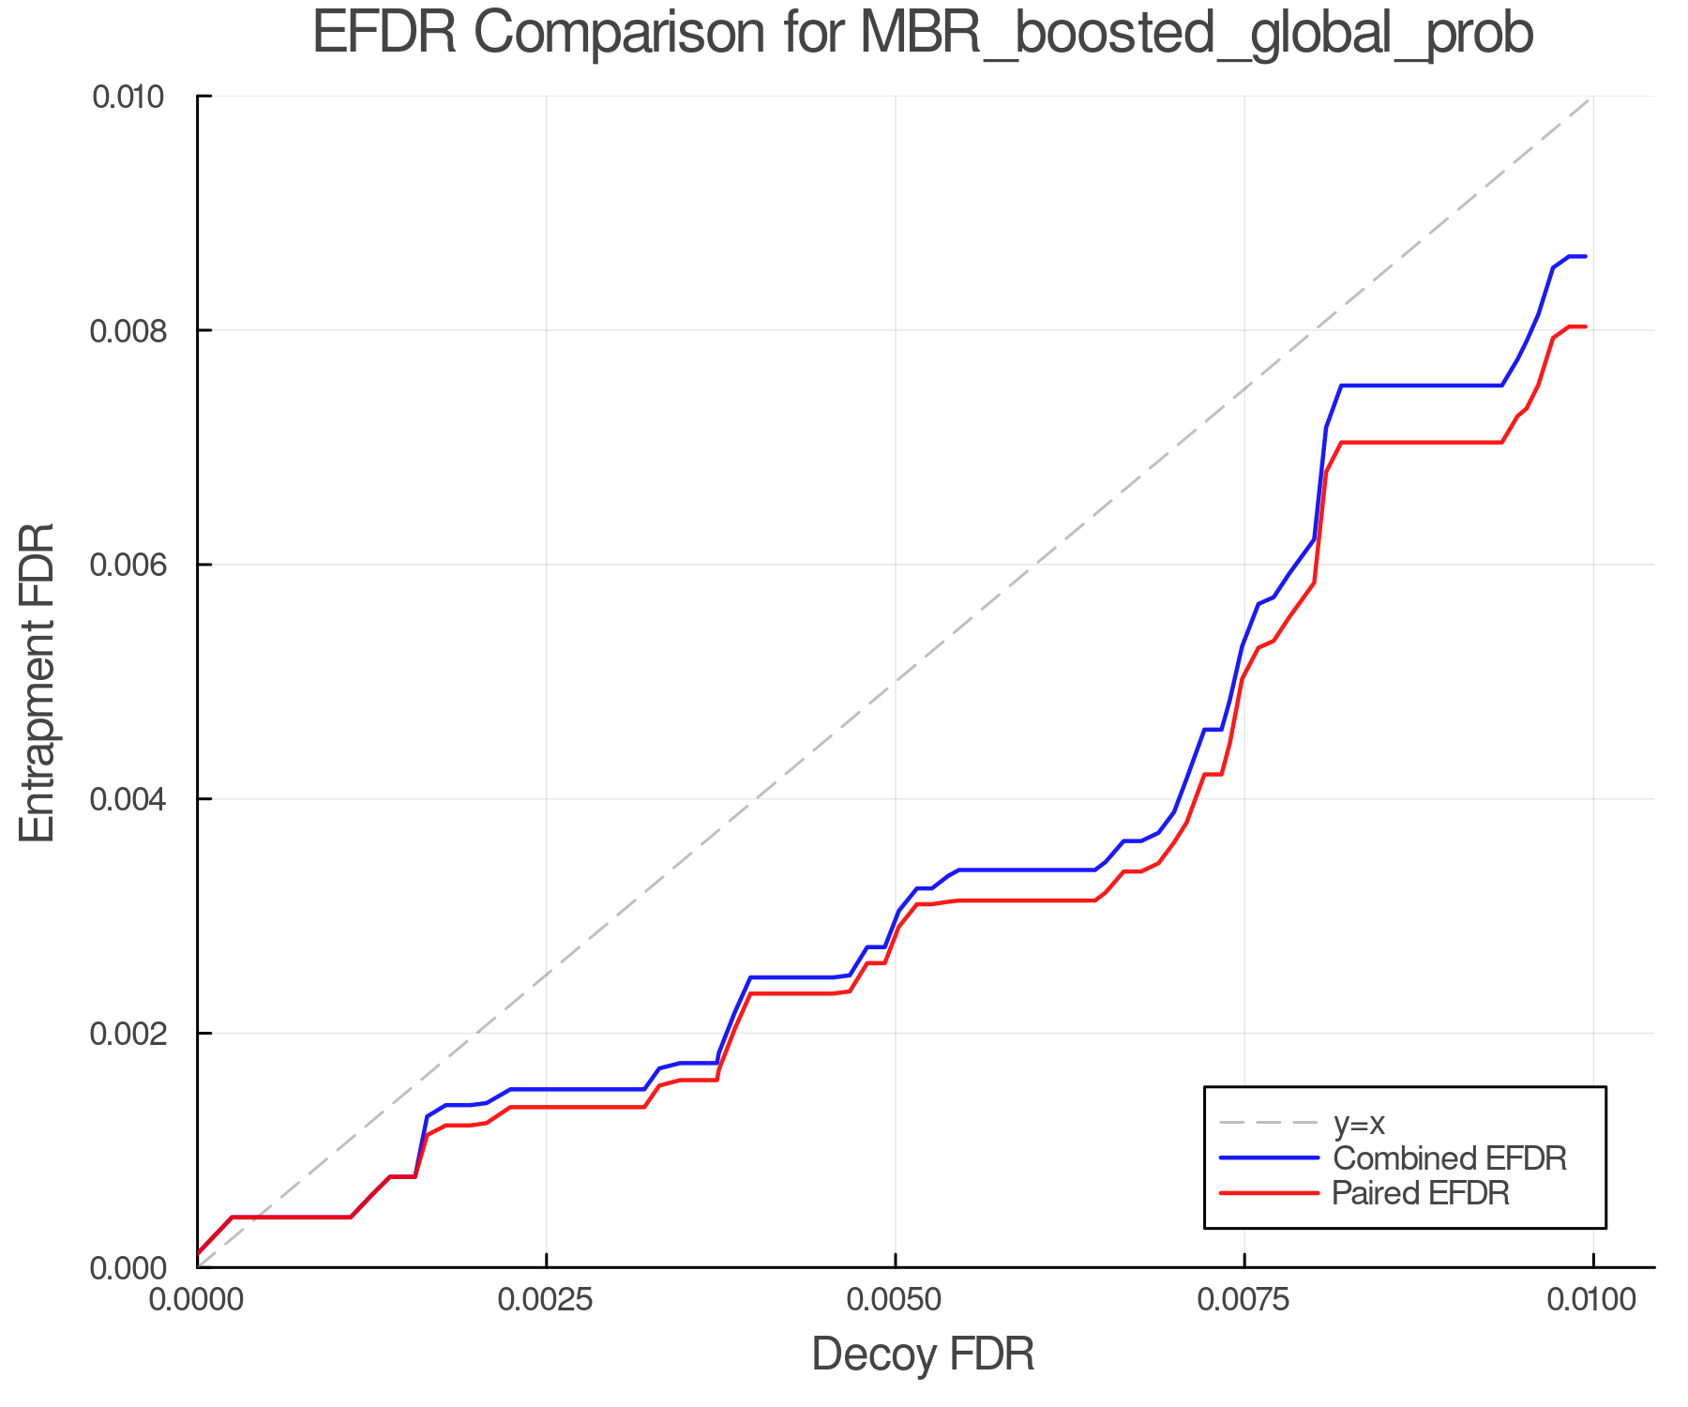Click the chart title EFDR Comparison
pos(922,34)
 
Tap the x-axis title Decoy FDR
pos(923,1354)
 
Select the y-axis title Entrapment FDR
pos(38,683)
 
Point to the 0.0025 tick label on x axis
pos(546,1300)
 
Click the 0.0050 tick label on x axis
pos(895,1300)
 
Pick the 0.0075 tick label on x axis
pos(1243,1300)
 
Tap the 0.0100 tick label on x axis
pos(1592,1300)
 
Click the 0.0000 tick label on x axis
pos(197,1300)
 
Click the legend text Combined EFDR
pos(1449,1158)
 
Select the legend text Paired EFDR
pos(1421,1193)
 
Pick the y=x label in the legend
pos(1359,1123)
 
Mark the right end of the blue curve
pos(1585,256)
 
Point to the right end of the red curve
pos(1585,326)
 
